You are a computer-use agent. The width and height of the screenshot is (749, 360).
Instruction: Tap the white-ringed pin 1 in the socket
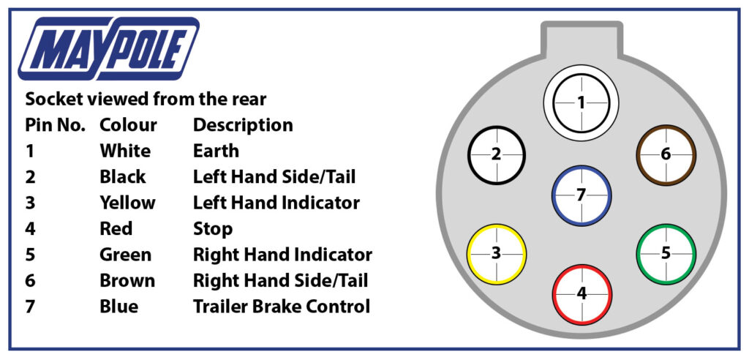pos(581,103)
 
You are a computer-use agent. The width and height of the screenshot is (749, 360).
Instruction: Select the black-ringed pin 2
pos(497,154)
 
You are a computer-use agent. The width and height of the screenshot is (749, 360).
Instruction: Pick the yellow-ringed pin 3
pos(497,254)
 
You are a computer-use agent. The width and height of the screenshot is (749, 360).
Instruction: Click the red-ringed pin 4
pos(581,293)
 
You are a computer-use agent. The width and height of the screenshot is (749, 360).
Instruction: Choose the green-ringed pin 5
pos(666,254)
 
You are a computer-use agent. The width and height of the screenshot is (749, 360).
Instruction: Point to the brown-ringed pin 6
pos(666,154)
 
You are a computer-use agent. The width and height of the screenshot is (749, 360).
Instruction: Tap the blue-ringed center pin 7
pos(581,195)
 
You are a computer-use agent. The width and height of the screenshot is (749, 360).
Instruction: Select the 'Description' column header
pos(243,125)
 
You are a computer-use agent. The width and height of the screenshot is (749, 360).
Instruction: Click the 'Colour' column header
pos(128,125)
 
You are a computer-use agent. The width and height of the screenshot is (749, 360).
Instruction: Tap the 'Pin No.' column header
pos(55,125)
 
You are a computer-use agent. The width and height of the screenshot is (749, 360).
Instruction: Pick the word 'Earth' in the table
pos(216,151)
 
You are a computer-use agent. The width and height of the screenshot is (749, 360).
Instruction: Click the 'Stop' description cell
pos(212,228)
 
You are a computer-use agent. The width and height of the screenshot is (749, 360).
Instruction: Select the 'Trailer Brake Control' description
pos(282,306)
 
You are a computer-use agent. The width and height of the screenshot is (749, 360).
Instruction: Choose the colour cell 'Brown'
pos(127,280)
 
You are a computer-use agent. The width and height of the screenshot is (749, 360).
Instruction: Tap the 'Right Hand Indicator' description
pos(282,255)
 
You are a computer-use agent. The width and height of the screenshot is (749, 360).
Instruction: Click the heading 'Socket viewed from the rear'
pos(146,99)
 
